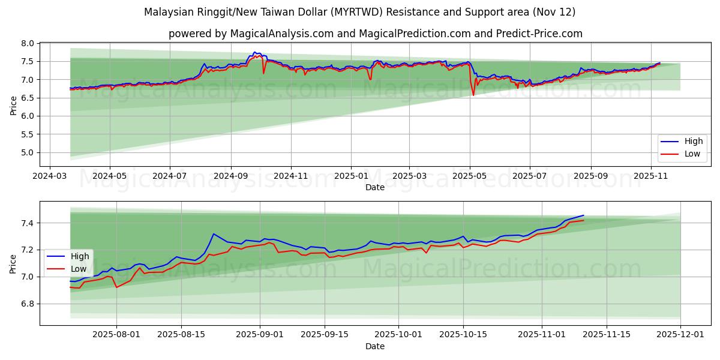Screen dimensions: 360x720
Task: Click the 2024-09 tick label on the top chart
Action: point(231,177)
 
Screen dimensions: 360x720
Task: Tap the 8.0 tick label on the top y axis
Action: point(28,43)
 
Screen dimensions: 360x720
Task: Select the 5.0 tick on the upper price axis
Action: point(28,152)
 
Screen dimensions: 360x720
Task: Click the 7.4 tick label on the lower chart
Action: point(28,223)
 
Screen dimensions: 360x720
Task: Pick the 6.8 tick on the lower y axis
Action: point(28,304)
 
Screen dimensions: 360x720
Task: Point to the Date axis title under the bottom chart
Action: point(375,346)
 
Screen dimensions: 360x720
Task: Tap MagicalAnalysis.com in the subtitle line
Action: point(282,34)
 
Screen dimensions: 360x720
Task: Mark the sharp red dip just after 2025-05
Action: point(473,95)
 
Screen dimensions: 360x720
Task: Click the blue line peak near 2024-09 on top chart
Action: point(254,53)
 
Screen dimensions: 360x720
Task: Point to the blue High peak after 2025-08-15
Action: point(214,234)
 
